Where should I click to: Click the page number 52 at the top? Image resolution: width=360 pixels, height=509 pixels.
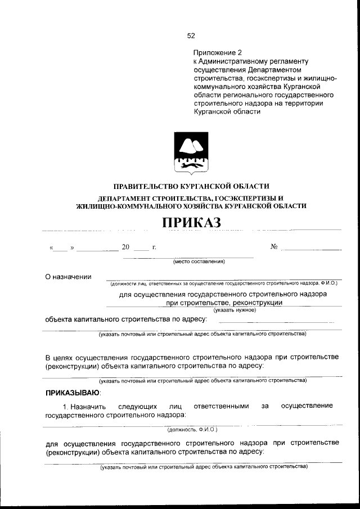point(191,35)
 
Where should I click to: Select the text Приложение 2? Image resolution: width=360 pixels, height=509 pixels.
point(216,52)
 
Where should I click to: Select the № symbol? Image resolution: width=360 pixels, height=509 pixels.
point(274,246)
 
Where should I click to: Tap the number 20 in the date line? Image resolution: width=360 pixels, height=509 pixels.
point(125,247)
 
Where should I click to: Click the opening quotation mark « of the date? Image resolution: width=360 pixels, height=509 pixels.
point(52,247)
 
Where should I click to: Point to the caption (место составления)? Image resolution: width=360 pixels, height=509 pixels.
point(199,262)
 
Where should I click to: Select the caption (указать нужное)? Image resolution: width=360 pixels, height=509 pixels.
point(234,310)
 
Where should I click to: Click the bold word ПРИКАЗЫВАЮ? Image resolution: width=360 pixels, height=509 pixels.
point(73,392)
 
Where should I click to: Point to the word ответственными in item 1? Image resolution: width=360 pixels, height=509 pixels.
point(221,406)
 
